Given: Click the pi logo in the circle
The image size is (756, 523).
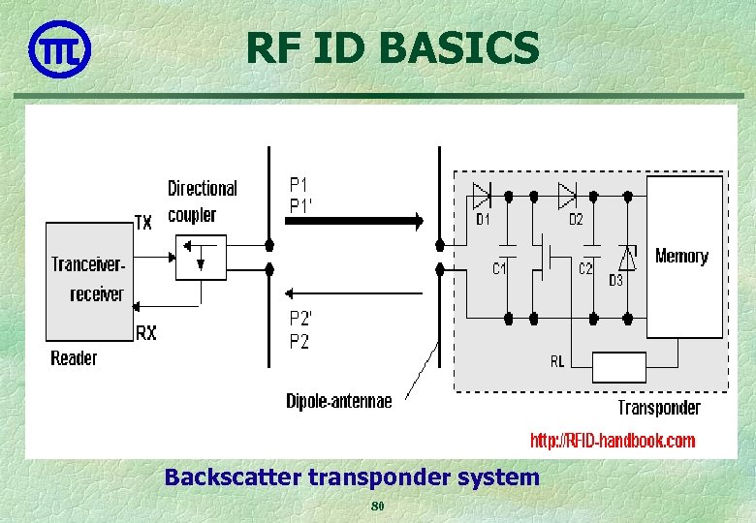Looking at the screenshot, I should coord(59,48).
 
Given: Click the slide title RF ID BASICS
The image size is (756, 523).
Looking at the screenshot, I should coord(392,47).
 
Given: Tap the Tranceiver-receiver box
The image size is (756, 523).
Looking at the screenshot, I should coord(89,281).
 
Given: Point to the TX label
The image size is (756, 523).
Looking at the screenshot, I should coord(143,223).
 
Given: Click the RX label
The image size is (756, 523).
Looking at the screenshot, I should coord(146,333).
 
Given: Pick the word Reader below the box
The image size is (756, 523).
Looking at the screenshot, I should coord(74,358).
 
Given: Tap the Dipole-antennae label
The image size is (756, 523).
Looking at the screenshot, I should coord(339,401).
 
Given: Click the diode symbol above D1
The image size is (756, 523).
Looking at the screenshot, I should coord(483,197).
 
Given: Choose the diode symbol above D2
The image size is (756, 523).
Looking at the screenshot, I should coord(568,197).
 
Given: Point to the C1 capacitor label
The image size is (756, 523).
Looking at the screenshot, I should coord(499,269).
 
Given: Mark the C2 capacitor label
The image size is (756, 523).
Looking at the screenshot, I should coord(585,269).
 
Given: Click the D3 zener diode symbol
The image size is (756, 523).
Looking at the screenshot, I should coord(628,257).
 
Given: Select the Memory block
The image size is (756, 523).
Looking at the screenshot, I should coord(684,257).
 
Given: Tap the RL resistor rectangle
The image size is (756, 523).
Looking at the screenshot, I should coord(618,368).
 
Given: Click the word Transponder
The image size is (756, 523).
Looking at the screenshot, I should coord(659,408).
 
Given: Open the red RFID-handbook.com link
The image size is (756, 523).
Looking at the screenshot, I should coord(612,441).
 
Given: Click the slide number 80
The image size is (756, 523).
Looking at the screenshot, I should coord(378,507).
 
